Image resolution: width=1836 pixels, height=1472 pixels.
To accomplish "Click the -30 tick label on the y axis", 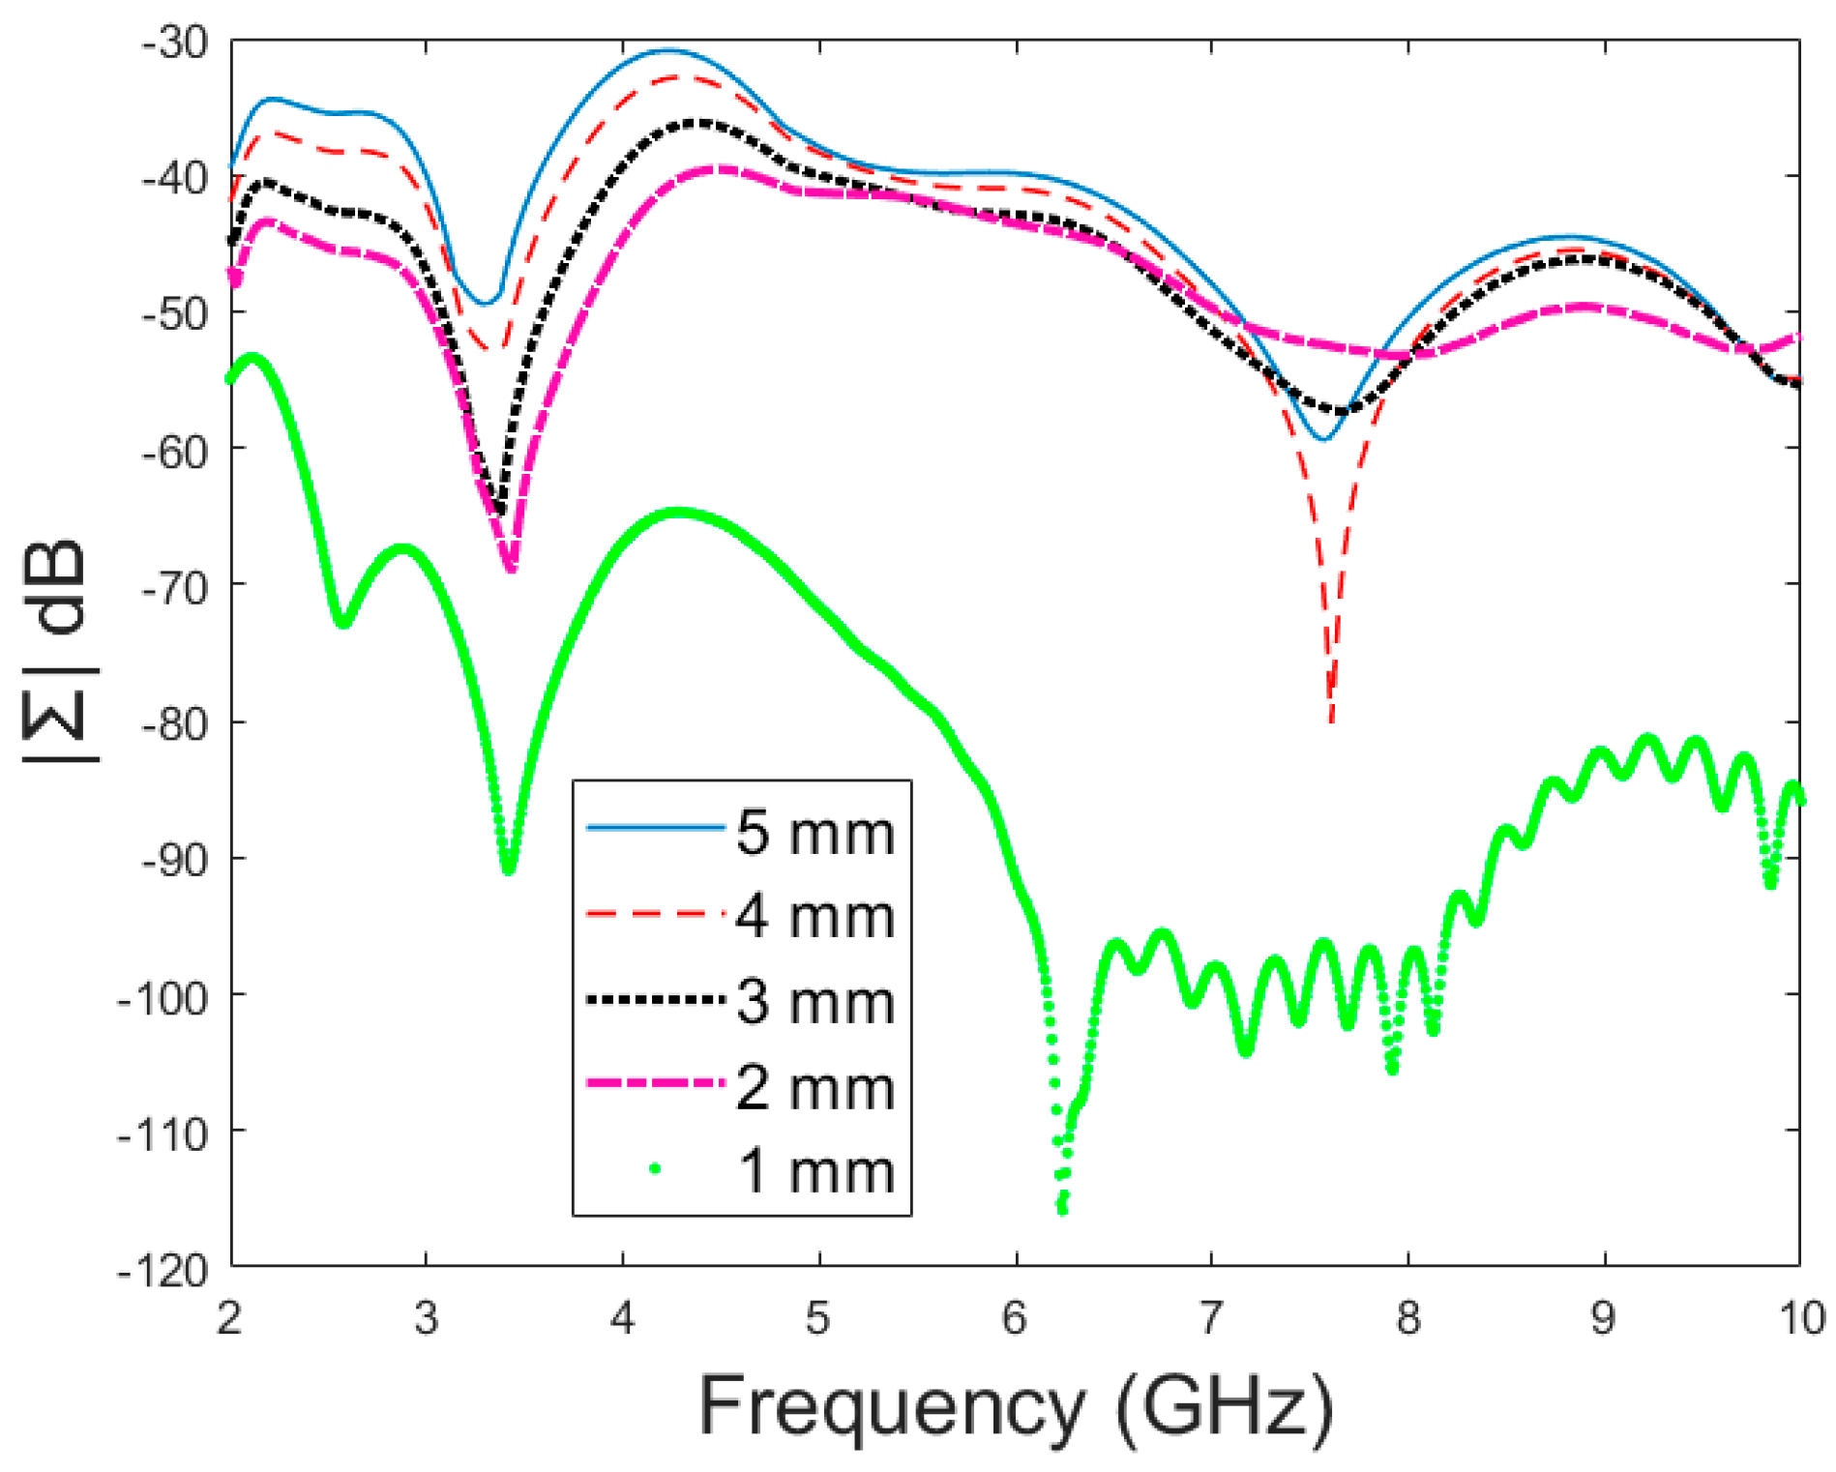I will pos(174,42).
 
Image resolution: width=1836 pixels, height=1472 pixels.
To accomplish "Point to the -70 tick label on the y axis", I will pos(174,587).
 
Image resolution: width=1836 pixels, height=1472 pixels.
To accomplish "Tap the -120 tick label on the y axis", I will pos(162,1270).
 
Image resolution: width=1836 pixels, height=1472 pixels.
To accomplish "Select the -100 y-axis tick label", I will pos(162,997).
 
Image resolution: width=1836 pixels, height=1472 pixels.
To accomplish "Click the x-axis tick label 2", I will pos(229,1318).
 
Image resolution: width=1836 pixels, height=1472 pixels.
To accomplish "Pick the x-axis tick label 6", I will pos(1015,1318).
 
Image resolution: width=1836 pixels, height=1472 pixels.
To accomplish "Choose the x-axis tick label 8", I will pos(1407,1318).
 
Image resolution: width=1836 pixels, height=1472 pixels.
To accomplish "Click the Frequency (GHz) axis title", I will pos(1016,1407).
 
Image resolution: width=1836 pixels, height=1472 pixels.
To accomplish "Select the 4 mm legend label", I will pos(814,916).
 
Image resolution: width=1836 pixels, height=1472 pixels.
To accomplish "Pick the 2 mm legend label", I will pos(814,1087).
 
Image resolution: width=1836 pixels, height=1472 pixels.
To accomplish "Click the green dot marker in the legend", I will pos(655,1168).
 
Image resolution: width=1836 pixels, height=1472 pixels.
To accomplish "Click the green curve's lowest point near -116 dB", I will pos(1062,1209).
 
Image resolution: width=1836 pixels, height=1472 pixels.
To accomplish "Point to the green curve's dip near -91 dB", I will pos(508,869).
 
